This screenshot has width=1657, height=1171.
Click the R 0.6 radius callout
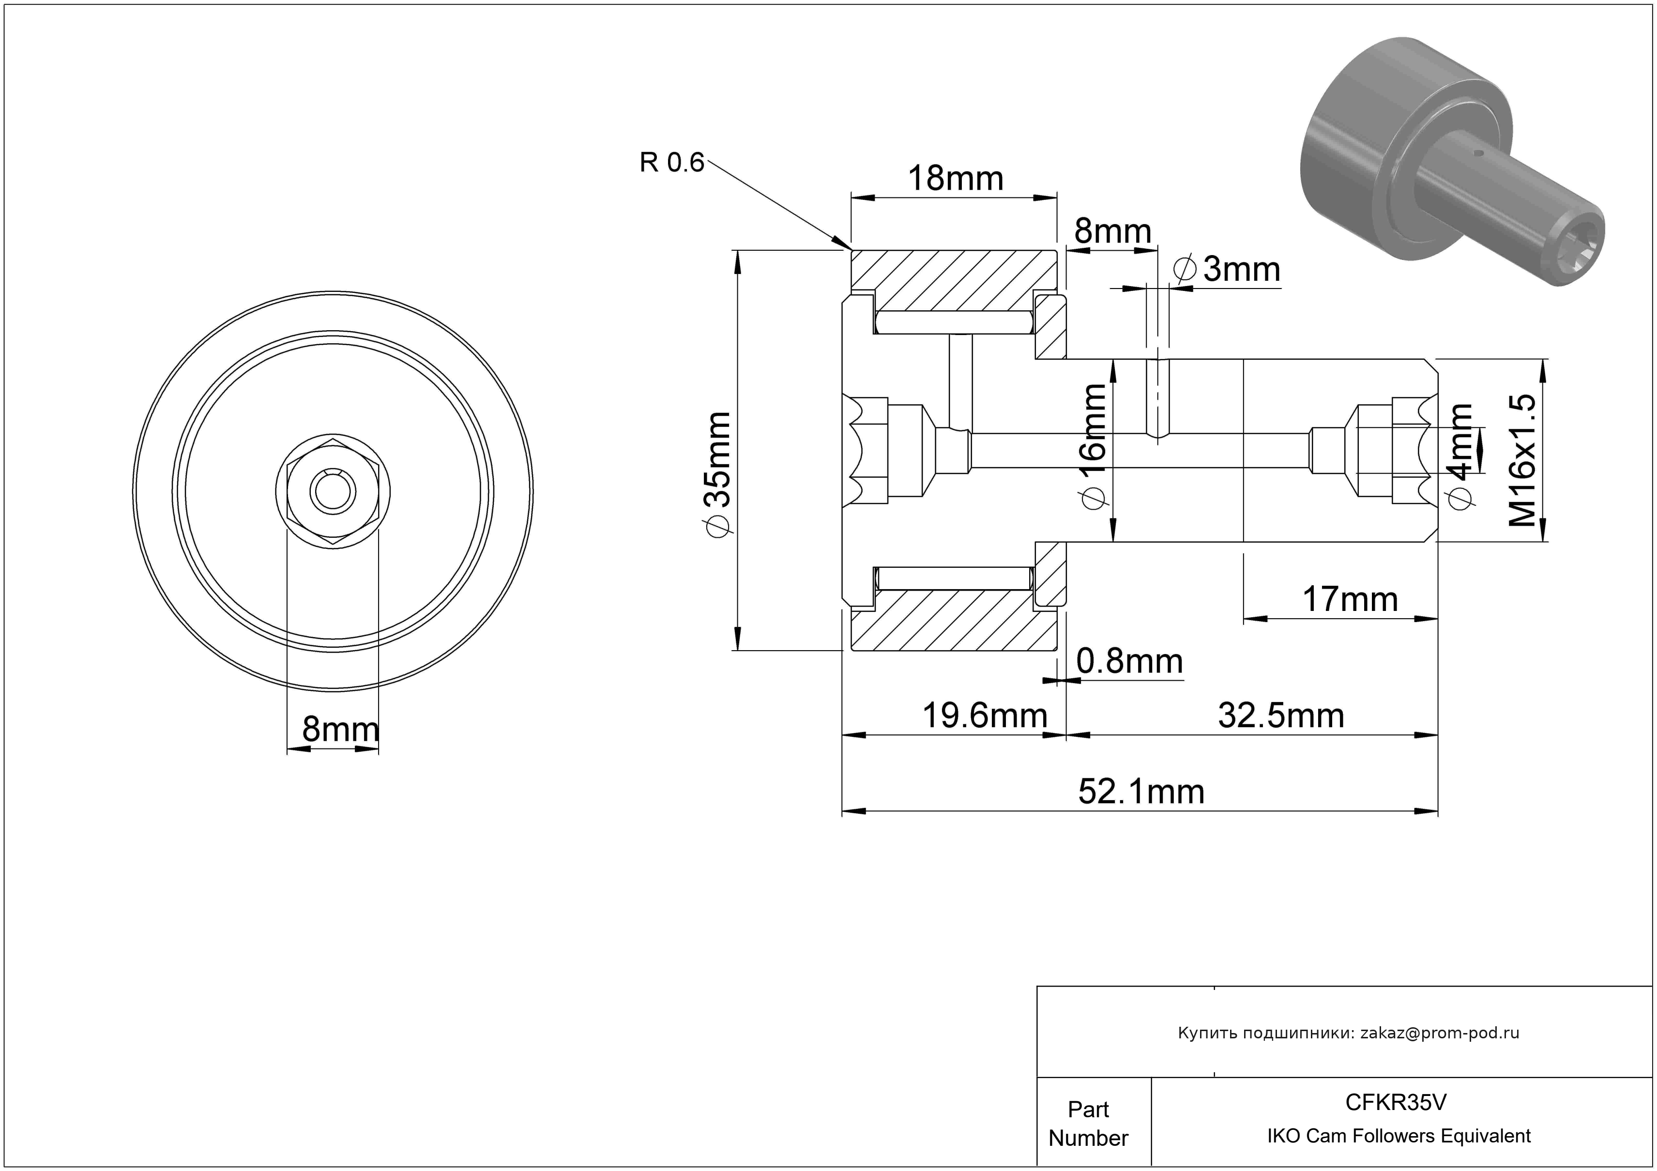pyautogui.click(x=671, y=163)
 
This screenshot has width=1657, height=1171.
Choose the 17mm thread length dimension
pyautogui.click(x=1350, y=600)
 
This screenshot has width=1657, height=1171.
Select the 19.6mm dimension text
pyautogui.click(x=985, y=716)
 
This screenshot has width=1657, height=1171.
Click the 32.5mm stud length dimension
pyautogui.click(x=1281, y=716)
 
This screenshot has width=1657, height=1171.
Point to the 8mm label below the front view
pyautogui.click(x=340, y=730)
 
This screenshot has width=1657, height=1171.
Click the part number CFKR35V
pyautogui.click(x=1396, y=1102)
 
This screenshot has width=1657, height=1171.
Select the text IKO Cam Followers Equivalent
pyautogui.click(x=1399, y=1136)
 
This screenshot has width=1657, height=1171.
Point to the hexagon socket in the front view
pyautogui.click(x=333, y=492)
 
